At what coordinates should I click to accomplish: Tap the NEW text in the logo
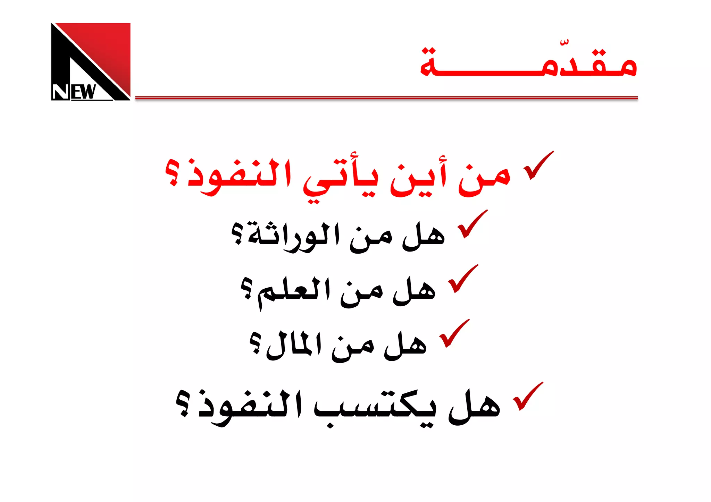[x=74, y=92]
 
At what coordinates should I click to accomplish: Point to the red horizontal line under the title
[x=386, y=98]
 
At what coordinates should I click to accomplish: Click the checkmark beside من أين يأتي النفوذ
[x=538, y=166]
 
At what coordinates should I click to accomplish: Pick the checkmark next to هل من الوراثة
[x=472, y=225]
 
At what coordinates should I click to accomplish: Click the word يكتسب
[x=375, y=406]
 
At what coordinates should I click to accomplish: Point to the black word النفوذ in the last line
[x=250, y=406]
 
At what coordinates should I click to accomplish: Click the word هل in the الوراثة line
[x=424, y=236]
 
